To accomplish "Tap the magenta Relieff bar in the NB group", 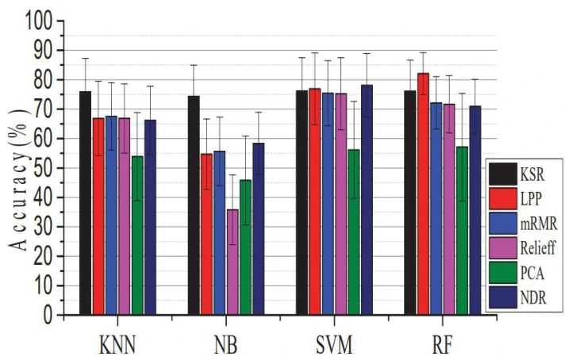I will coord(233,262).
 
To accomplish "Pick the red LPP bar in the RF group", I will coord(423,193).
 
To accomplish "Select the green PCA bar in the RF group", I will coord(462,231).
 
